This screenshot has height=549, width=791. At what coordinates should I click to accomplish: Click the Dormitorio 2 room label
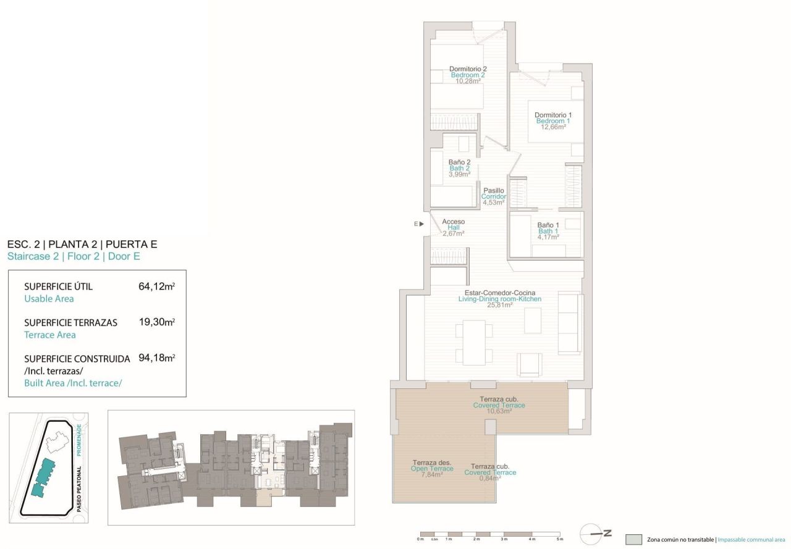[x=468, y=69]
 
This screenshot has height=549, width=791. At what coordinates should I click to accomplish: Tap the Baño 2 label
[x=459, y=162]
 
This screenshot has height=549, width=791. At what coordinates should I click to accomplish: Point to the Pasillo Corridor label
[x=494, y=191]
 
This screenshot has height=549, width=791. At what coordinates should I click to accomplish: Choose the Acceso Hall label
[x=453, y=222]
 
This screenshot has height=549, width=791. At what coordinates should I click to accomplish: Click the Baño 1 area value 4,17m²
[x=548, y=237]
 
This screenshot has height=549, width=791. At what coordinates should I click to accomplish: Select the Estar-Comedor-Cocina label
[x=499, y=293]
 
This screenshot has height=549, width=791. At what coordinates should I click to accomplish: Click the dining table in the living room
[x=475, y=342]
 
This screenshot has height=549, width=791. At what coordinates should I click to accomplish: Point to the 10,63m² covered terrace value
[x=499, y=411]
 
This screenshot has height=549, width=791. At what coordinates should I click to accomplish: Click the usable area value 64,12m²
[x=156, y=287]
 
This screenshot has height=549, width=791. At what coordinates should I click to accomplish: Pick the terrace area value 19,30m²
[x=156, y=322]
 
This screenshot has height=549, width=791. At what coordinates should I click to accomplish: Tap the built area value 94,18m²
[x=156, y=358]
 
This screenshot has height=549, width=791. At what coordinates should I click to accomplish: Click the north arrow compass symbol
[x=595, y=532]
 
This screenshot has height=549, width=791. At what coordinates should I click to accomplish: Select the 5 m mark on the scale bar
[x=560, y=539]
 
